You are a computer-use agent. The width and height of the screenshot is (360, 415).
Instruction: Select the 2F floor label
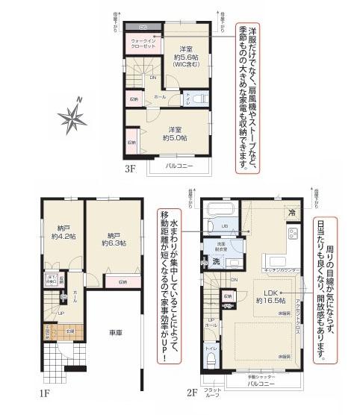(x=191, y=392)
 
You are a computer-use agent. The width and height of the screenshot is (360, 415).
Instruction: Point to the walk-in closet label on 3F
(x=143, y=43)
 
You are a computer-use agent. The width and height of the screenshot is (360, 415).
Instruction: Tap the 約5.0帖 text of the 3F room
(x=175, y=137)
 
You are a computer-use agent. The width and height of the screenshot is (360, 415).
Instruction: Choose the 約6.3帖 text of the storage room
(x=114, y=243)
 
